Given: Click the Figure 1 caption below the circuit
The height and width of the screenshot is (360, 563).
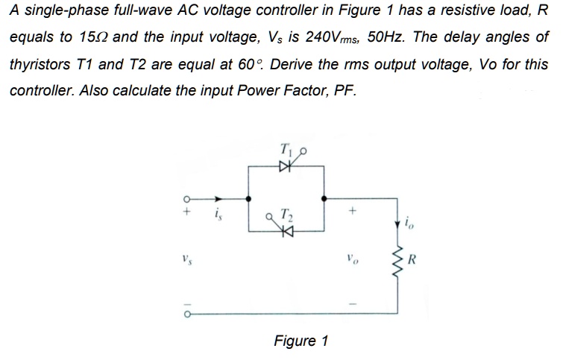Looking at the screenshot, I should point(301,341).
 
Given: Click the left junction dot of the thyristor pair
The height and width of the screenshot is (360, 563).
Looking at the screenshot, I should point(249,199).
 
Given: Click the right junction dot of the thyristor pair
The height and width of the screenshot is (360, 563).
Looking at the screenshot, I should point(323,199).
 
